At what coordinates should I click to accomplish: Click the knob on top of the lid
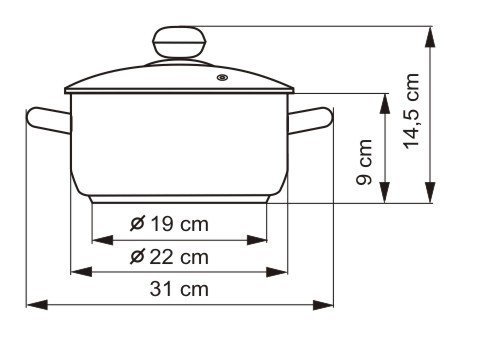(179, 42)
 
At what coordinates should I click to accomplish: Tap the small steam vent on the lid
(222, 78)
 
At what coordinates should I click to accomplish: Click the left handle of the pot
(49, 120)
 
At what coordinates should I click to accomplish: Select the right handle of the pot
(310, 120)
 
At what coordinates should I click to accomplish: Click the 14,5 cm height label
(411, 111)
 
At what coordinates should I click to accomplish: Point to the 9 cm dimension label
(364, 162)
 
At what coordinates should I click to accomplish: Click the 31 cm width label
(179, 289)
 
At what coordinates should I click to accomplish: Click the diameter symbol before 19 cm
(137, 223)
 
